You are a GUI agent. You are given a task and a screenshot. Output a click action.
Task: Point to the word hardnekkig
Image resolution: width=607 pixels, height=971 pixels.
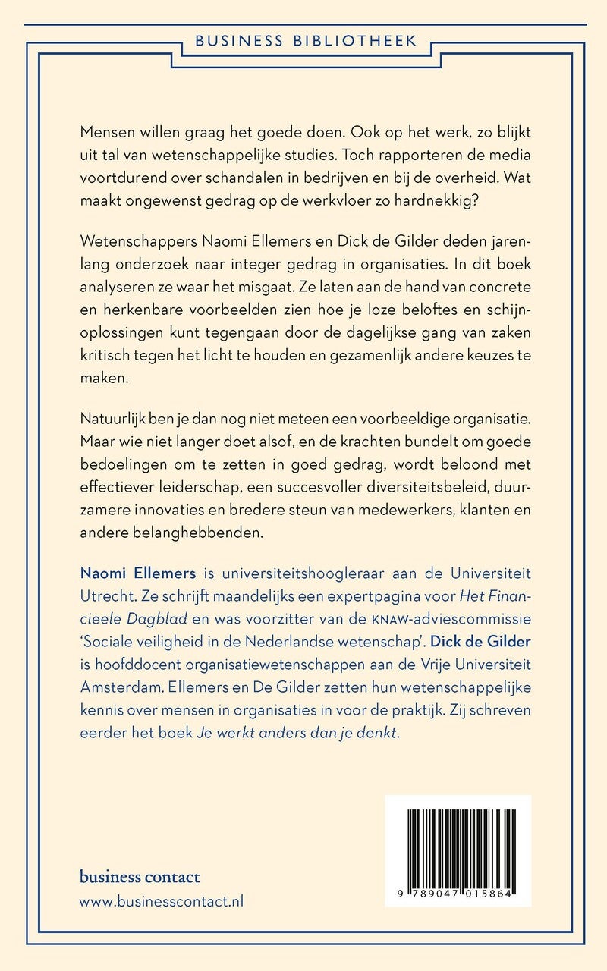[483, 203]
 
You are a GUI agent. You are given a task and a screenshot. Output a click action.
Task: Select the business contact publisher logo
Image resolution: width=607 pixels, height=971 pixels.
[140, 877]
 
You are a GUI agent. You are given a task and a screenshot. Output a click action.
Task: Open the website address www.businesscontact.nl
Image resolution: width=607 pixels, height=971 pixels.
[161, 902]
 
